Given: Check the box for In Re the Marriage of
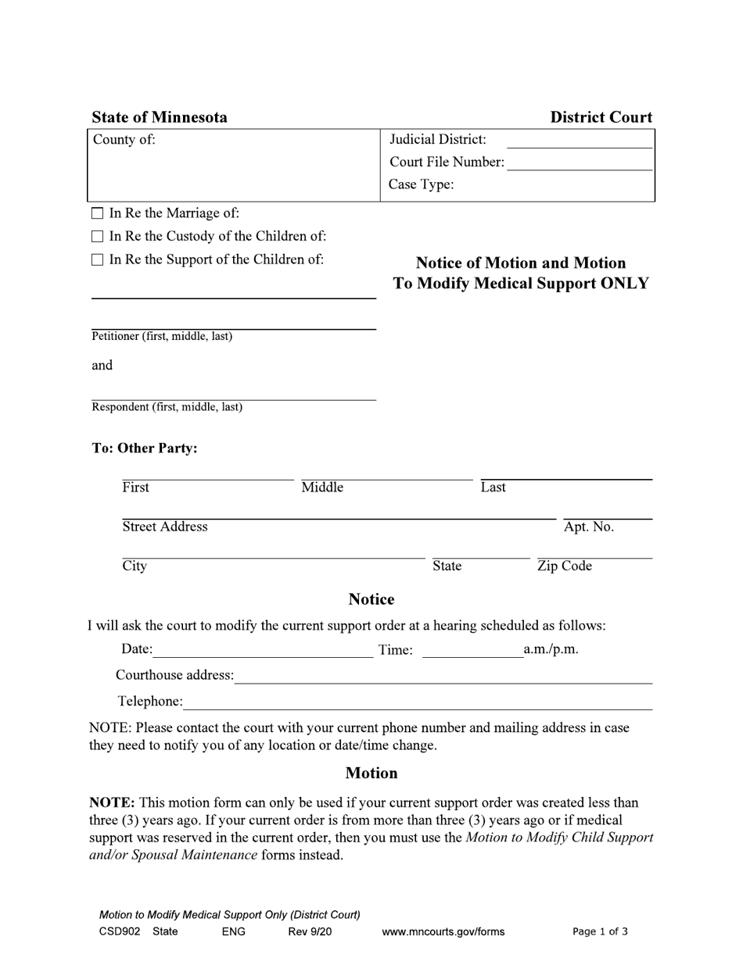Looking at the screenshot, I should coord(98,213).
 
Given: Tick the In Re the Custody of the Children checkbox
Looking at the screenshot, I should coord(98,237).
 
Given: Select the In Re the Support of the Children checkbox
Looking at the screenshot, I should coord(98,260).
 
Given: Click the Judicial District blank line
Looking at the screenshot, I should coord(579,141).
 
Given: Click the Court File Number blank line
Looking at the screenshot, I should coord(579,164).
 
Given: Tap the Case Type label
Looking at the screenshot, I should coord(421,185).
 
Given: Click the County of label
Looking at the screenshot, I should coord(124,140).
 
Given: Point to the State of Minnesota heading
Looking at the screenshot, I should coord(160,118).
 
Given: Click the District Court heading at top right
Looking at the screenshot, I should coord(601,118).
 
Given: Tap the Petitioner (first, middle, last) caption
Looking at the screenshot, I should coord(162,337).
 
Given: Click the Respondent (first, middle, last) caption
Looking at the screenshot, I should coord(167,407).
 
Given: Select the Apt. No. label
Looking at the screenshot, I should coord(588,527).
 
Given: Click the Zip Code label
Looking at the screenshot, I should coord(564,566).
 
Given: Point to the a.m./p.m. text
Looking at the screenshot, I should coord(551,649).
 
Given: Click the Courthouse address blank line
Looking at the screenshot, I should coord(443,677).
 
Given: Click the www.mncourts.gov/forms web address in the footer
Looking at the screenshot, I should coord(443,932).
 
